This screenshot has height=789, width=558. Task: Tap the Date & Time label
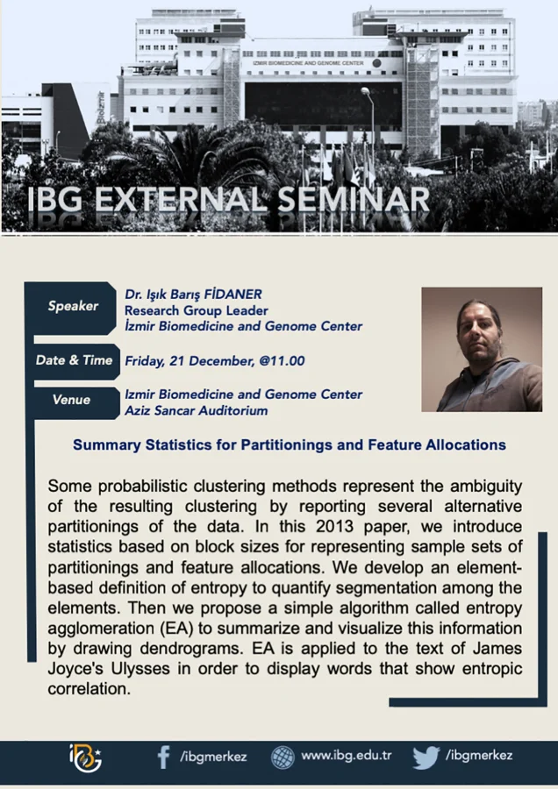click(74, 360)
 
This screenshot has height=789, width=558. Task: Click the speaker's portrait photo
click(482, 349)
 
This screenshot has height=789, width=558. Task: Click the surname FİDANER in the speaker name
click(233, 294)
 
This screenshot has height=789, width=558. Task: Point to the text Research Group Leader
click(196, 310)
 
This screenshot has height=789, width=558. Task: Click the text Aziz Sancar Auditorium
click(196, 410)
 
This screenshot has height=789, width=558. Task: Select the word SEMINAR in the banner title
click(354, 199)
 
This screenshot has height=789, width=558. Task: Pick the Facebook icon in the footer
click(163, 757)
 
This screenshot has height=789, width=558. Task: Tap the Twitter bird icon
click(426, 757)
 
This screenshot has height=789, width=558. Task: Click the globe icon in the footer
click(283, 757)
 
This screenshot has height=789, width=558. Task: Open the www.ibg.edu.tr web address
click(346, 756)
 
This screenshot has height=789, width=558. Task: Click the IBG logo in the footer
click(85, 757)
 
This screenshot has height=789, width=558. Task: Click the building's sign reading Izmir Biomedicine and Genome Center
click(308, 63)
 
